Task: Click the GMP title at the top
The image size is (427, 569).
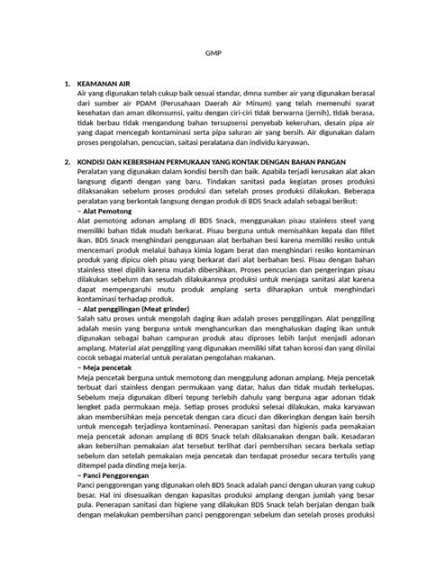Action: pos(213,53)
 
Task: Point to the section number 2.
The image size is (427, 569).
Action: pos(66,162)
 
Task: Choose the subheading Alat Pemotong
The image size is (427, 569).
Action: pos(104,210)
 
